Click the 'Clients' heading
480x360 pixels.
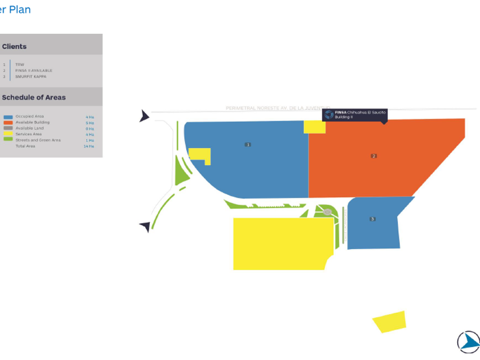[14, 46]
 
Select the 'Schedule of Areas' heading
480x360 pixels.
[34, 97]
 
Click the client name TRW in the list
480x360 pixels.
[19, 65]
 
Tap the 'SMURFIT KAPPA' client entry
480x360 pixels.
[31, 76]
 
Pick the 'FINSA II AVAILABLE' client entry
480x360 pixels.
[34, 70]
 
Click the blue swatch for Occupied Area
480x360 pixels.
[8, 117]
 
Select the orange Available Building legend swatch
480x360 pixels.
[8, 122]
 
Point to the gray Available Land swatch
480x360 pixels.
[8, 128]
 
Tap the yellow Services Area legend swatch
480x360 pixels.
[8, 134]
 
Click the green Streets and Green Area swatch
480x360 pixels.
[8, 139]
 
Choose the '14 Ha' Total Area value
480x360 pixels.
[89, 146]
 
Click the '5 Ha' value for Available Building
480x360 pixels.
[90, 123]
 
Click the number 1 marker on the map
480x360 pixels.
[248, 145]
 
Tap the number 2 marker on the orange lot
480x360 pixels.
[374, 156]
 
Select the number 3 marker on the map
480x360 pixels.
[373, 219]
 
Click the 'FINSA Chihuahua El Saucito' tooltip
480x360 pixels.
[355, 114]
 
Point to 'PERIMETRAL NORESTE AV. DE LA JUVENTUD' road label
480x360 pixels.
[274, 107]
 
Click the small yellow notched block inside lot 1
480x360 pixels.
[199, 154]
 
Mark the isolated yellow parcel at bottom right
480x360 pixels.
[390, 322]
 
